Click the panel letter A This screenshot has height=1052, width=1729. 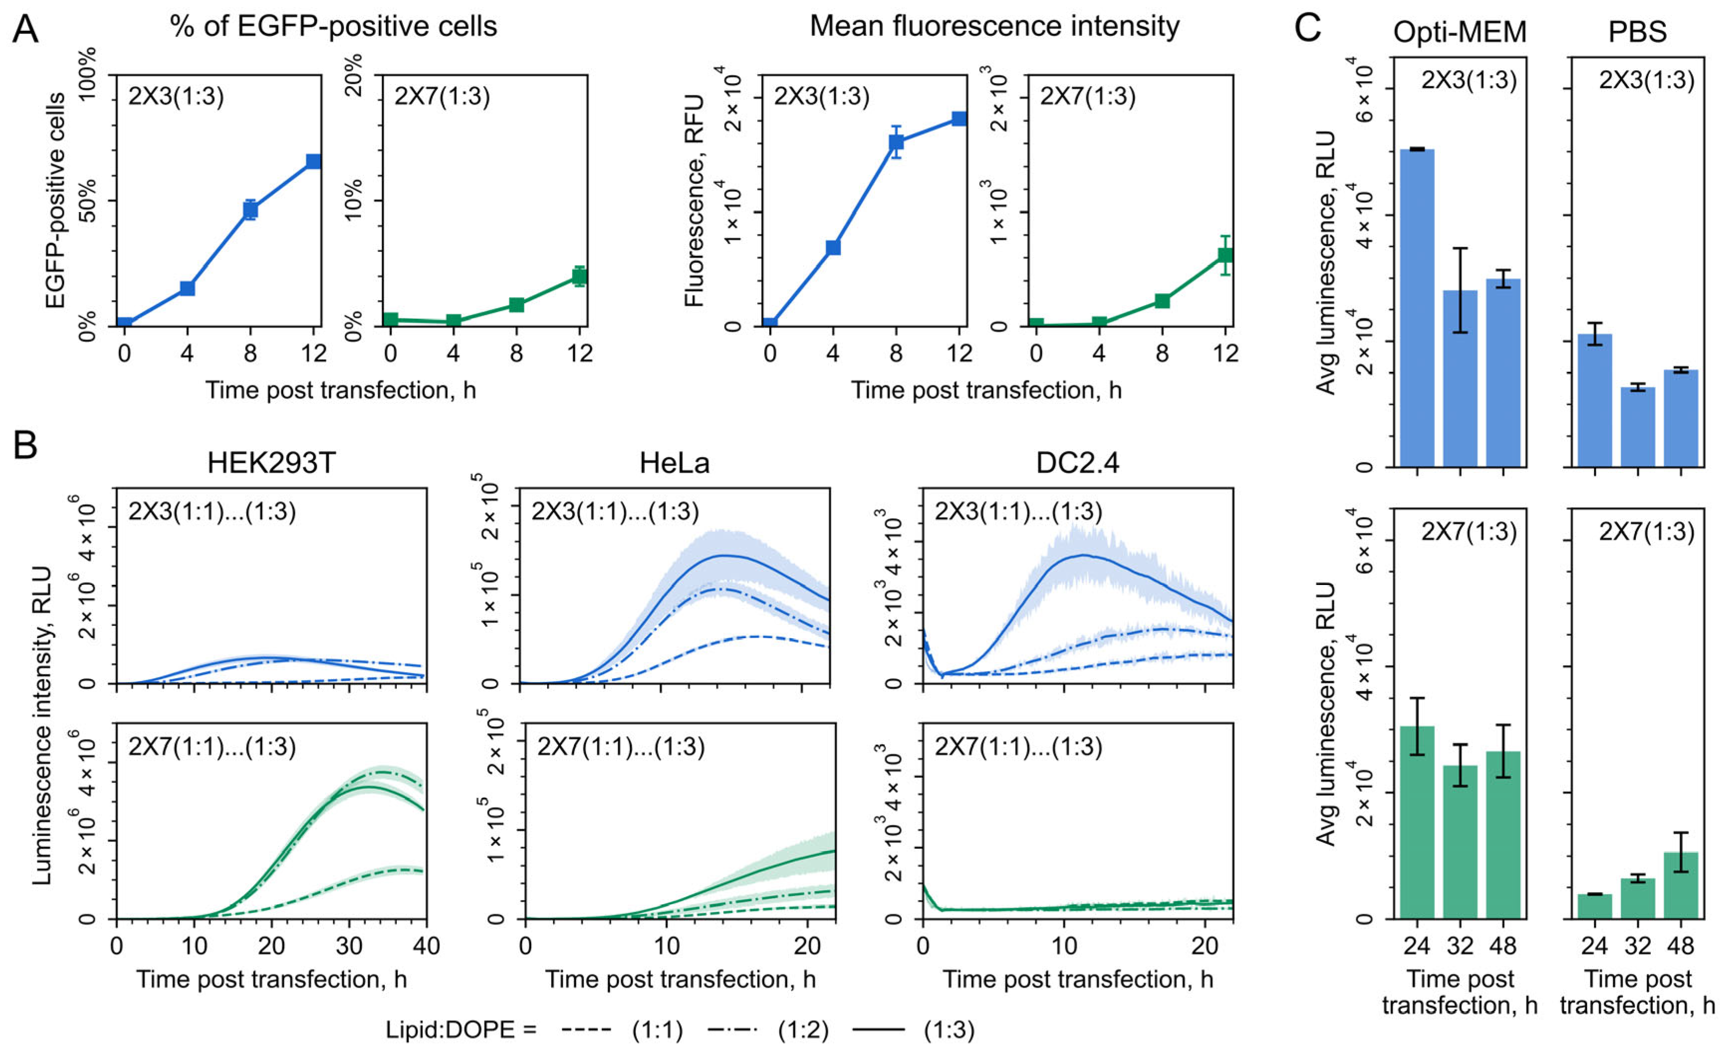[x=25, y=29]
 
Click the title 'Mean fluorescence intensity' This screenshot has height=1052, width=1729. [x=994, y=27]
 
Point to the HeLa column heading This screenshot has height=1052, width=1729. [x=675, y=463]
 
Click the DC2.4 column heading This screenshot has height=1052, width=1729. [x=1078, y=463]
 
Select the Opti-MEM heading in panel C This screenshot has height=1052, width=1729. [x=1460, y=31]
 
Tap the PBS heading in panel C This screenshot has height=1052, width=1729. [x=1637, y=31]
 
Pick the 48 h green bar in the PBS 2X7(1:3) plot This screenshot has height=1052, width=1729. [x=1681, y=885]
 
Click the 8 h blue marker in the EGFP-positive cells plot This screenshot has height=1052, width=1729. [x=250, y=210]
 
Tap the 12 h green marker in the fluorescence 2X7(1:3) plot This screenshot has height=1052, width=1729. [x=1225, y=255]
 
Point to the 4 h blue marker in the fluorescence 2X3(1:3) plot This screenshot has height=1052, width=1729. [x=833, y=247]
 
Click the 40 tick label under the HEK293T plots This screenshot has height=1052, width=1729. [x=426, y=946]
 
